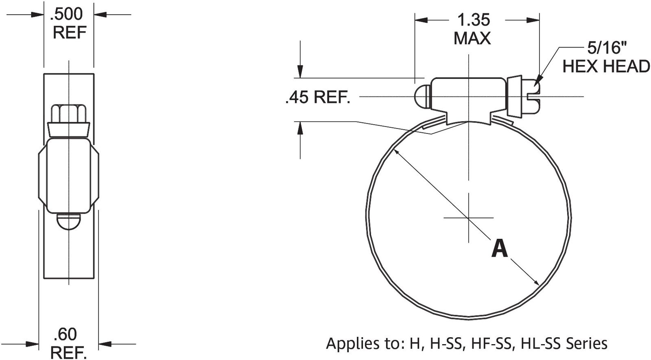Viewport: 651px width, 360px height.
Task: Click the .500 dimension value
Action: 66,14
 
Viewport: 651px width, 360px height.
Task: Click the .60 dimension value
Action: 65,334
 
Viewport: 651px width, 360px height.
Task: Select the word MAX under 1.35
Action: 472,39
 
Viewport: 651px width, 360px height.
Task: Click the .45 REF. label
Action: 318,98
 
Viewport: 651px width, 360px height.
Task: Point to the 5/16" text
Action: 606,48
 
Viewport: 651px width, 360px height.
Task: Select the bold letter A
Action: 499,249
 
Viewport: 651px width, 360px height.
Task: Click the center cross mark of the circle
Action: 469,218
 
